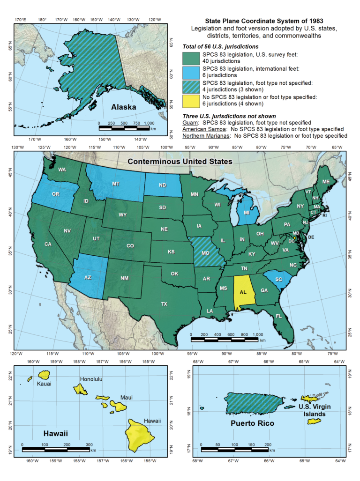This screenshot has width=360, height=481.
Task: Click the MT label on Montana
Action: coord(115,184)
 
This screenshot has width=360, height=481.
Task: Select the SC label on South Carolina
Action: coord(278,280)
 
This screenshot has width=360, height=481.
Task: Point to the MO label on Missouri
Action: coord(205,253)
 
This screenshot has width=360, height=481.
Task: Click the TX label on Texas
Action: coord(164,304)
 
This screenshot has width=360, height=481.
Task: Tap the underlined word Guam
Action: coord(191,123)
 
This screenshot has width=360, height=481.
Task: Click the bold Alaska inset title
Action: coord(123,107)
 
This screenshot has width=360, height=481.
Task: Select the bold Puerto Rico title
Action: coord(252,423)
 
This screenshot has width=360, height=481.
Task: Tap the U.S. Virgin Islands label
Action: coord(315,410)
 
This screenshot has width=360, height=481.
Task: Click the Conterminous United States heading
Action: coord(180,162)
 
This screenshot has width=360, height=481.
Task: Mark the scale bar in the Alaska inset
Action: coord(124,127)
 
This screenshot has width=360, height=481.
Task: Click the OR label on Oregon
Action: coord(55,194)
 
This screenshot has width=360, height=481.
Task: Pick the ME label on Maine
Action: coord(326,181)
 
